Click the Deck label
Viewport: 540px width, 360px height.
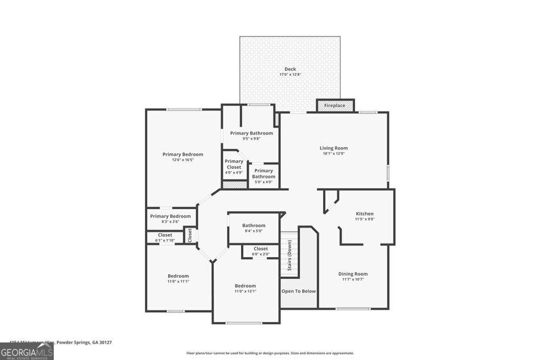[x=290, y=69]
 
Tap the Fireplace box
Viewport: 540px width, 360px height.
[x=335, y=105]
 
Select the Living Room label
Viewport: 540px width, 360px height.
[x=334, y=148]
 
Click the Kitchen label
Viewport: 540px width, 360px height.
[x=364, y=213]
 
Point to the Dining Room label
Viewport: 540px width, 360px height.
[x=353, y=274]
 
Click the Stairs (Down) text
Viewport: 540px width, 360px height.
[x=290, y=255]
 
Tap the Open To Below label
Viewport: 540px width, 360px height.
[x=298, y=291]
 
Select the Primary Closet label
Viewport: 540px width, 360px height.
[x=234, y=164]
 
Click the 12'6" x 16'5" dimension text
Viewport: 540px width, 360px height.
[x=182, y=160]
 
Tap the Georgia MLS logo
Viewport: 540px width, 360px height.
[x=27, y=351]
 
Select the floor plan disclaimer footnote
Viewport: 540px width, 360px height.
[x=270, y=353]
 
